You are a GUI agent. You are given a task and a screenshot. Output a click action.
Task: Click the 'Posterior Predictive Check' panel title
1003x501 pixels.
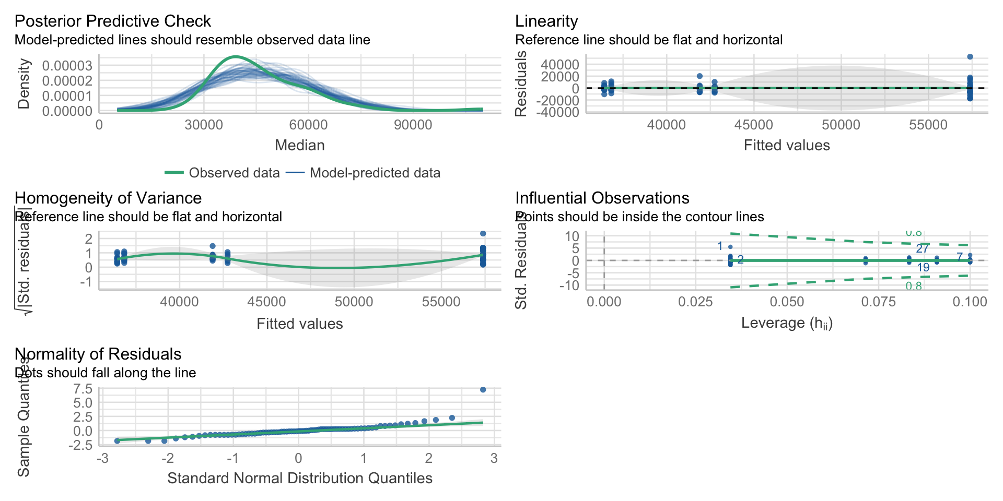pyautogui.click(x=112, y=21)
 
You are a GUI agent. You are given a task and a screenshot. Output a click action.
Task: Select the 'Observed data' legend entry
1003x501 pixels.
pyautogui.click(x=234, y=173)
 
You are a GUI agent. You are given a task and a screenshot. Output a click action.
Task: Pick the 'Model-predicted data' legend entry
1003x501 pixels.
pyautogui.click(x=375, y=173)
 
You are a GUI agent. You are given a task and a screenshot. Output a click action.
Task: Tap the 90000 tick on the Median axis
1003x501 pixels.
pyautogui.click(x=413, y=125)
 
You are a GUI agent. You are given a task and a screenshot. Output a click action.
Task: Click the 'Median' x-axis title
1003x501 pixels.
pyautogui.click(x=300, y=145)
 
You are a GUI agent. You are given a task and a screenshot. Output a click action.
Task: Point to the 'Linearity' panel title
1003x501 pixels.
pyautogui.click(x=546, y=21)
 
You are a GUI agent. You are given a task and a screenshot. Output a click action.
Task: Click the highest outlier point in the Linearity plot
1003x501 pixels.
pyautogui.click(x=970, y=57)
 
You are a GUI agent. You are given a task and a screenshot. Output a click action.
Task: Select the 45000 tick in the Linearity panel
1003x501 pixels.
pyautogui.click(x=754, y=125)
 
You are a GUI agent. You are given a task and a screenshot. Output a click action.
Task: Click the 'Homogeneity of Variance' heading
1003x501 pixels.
pyautogui.click(x=108, y=198)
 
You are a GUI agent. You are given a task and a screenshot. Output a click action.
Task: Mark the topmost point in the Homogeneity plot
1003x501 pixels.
pyautogui.click(x=483, y=234)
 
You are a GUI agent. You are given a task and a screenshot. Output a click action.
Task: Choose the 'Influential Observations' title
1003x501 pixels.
pyautogui.click(x=602, y=198)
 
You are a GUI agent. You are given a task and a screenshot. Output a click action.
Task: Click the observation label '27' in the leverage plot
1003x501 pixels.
pyautogui.click(x=923, y=248)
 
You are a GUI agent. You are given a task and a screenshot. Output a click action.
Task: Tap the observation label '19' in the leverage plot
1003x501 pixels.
pyautogui.click(x=924, y=268)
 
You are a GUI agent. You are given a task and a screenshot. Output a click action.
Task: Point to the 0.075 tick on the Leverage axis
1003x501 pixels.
pyautogui.click(x=879, y=302)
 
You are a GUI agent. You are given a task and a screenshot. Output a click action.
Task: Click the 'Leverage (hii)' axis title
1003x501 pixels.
pyautogui.click(x=787, y=323)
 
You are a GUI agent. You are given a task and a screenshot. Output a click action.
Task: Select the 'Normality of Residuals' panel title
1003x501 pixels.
pyautogui.click(x=98, y=354)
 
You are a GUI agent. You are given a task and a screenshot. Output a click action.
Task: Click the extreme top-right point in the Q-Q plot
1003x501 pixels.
pyautogui.click(x=483, y=390)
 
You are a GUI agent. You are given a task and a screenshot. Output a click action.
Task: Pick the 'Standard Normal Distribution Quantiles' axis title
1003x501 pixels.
pyautogui.click(x=300, y=478)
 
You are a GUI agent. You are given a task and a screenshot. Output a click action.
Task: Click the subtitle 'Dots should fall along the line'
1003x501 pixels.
pyautogui.click(x=105, y=373)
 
